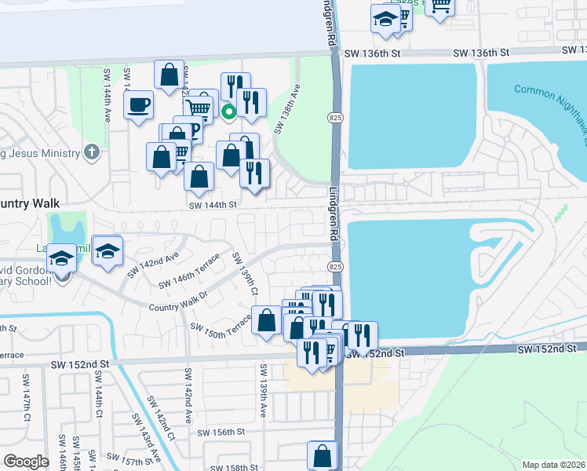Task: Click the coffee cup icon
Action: point(139,104)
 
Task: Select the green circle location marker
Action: point(228,111)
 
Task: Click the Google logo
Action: point(26,462)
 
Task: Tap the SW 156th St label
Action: point(221,432)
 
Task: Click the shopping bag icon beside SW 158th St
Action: point(323,455)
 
